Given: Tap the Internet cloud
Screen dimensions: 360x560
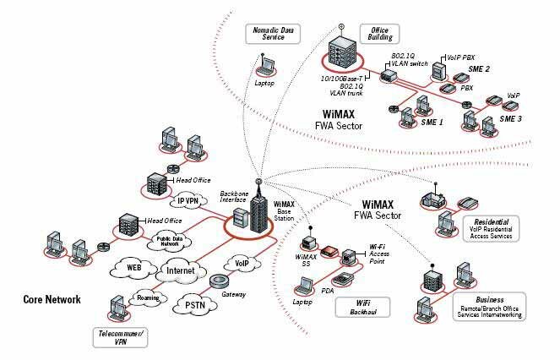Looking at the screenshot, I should coord(180,270).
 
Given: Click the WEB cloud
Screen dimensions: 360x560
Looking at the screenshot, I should coord(133,268).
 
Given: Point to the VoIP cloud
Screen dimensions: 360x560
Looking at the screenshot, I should coord(242,263).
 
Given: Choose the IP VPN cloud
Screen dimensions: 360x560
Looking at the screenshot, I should coord(188,201).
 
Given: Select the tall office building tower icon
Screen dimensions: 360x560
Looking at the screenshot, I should coord(339,52).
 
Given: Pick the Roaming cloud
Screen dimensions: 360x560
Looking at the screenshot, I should coord(147,297).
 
